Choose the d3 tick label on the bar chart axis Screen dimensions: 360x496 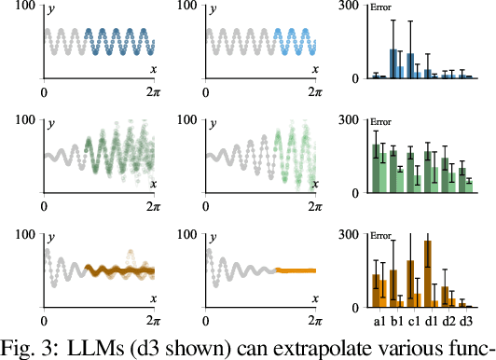(464, 321)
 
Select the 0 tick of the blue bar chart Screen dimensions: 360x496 (357, 78)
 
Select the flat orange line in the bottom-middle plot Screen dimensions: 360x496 (297, 271)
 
